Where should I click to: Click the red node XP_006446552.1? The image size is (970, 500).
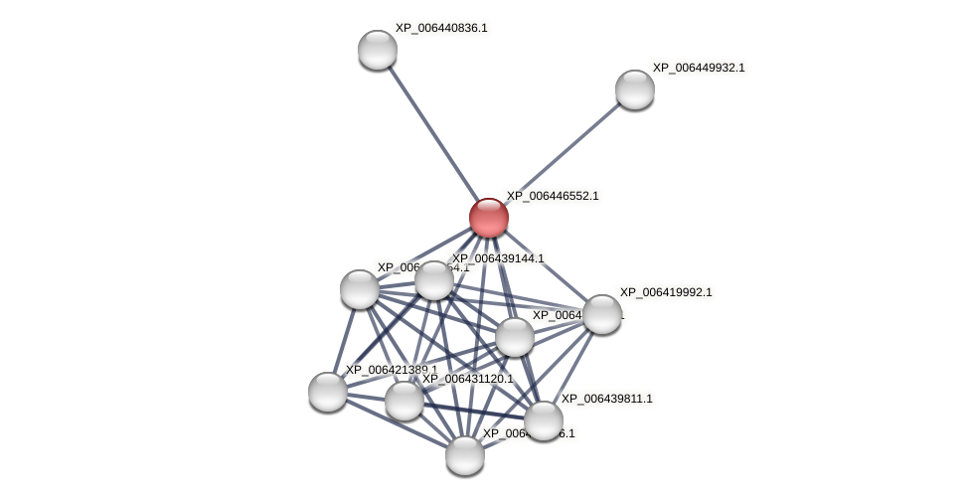488,218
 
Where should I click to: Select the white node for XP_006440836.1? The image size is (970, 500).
378,50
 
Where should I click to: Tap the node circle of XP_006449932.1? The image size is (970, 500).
634,89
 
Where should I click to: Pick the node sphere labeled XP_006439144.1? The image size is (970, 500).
434,280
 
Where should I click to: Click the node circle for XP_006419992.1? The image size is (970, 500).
601,314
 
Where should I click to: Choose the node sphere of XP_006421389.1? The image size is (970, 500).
328,392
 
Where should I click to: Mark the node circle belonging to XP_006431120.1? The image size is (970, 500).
404,401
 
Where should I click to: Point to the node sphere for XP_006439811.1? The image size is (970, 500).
543,420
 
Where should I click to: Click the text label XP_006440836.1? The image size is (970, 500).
441,28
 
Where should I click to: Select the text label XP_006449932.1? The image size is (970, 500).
699,68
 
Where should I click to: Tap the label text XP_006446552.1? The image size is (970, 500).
553,196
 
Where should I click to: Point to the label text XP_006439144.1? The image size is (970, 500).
498,258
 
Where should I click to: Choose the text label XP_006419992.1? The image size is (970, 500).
666,292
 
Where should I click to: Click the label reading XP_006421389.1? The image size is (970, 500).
391,370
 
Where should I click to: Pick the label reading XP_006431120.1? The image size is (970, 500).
467,379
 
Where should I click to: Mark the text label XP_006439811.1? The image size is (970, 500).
607,399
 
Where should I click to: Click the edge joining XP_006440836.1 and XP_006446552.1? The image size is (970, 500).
432,133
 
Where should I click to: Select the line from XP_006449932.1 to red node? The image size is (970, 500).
562,153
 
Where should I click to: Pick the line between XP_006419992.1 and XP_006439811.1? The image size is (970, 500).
572,367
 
